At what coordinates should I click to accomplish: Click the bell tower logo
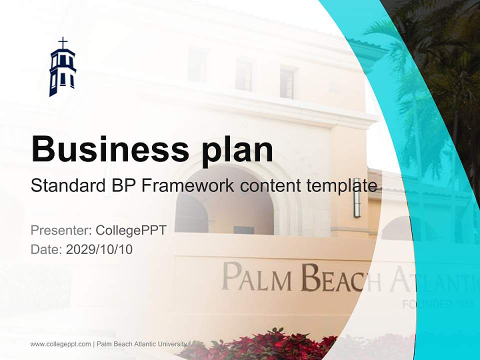pyautogui.click(x=62, y=70)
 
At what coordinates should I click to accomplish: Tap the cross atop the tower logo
pyautogui.click(x=62, y=42)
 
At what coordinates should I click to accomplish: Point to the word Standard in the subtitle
pyautogui.click(x=66, y=185)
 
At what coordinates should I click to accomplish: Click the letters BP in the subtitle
pyautogui.click(x=122, y=185)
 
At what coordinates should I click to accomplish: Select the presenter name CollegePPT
pyautogui.click(x=131, y=230)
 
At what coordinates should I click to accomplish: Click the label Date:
pyautogui.click(x=46, y=249)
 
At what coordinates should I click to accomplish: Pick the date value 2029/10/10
pyautogui.click(x=99, y=249)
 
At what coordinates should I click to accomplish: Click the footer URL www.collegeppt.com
pyautogui.click(x=60, y=344)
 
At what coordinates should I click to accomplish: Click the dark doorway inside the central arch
pyautogui.click(x=243, y=230)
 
